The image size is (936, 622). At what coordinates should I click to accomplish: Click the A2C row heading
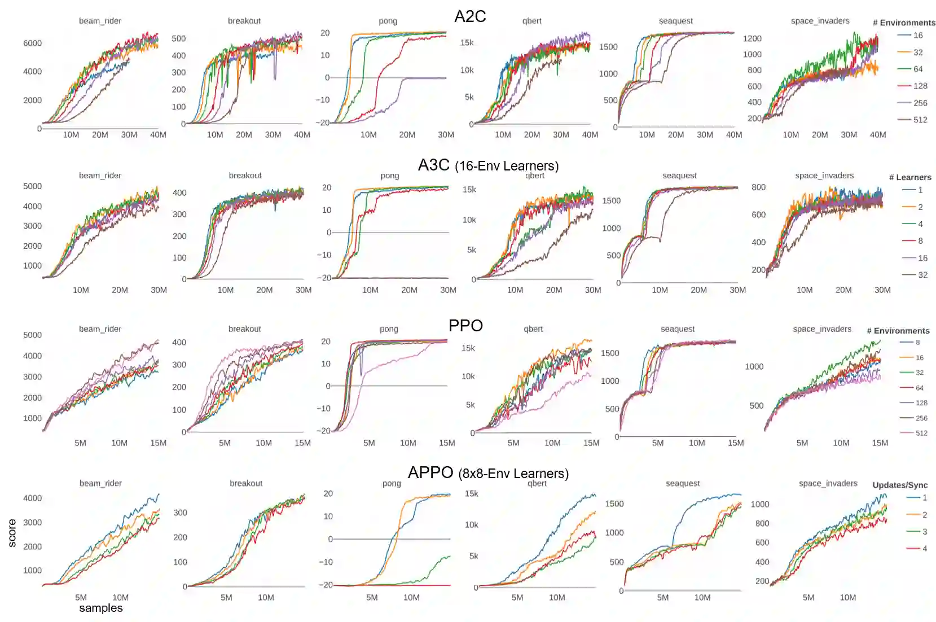470,16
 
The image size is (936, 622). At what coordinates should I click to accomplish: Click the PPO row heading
465,326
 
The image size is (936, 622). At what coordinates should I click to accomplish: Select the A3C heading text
433,165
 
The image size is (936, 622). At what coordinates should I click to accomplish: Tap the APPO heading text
430,472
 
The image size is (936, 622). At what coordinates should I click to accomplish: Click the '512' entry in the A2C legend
920,120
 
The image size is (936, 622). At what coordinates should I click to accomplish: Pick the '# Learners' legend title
910,177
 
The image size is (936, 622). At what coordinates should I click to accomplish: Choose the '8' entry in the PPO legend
917,343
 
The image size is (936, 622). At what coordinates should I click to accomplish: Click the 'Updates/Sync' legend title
900,485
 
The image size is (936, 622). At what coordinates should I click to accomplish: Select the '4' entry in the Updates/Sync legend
924,549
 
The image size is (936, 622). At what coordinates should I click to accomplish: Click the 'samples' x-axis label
101,608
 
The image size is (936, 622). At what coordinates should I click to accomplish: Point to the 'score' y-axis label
12,533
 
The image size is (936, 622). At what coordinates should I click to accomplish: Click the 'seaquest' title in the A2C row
675,21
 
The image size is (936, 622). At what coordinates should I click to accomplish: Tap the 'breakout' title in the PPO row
244,329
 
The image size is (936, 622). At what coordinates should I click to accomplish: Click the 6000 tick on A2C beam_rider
32,43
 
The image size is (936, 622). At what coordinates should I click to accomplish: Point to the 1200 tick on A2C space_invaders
752,38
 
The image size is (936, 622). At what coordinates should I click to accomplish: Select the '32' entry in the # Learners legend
922,275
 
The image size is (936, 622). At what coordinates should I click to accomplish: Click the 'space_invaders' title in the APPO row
828,483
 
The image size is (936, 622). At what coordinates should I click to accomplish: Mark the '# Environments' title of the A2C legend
904,23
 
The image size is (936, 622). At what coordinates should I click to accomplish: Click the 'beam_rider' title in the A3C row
100,176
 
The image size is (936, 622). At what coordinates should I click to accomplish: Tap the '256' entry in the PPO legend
921,418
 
